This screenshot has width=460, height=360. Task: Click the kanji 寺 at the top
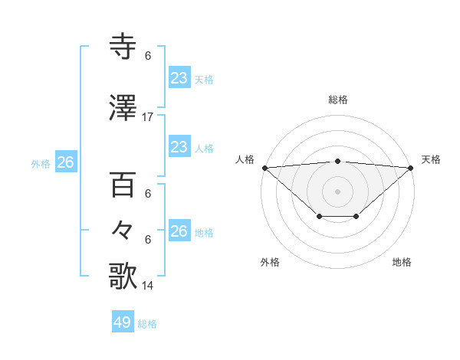click(x=123, y=47)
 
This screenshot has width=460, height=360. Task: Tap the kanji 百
click(x=123, y=186)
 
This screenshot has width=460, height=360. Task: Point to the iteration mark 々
click(x=123, y=229)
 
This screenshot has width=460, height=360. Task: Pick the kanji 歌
click(x=123, y=276)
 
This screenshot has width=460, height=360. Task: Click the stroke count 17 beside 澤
click(x=148, y=117)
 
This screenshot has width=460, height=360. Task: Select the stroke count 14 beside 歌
click(x=148, y=285)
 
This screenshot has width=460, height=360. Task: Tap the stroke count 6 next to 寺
click(x=148, y=56)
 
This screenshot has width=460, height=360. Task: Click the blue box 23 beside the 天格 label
click(x=179, y=77)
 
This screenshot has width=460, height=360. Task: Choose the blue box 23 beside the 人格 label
click(x=179, y=147)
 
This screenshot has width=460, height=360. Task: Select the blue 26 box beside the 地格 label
click(x=179, y=231)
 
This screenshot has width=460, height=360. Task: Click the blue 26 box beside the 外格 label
click(x=65, y=162)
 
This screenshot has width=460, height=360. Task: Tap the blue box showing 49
click(x=123, y=322)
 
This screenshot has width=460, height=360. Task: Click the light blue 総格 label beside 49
click(x=147, y=324)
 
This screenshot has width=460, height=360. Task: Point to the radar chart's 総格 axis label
click(x=338, y=100)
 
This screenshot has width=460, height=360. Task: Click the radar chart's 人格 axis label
click(x=245, y=159)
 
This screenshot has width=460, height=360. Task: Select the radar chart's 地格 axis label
click(x=402, y=262)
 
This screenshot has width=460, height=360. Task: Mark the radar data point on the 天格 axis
click(x=411, y=168)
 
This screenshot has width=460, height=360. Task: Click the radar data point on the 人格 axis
click(x=264, y=168)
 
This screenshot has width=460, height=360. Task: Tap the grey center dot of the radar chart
click(x=338, y=191)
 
